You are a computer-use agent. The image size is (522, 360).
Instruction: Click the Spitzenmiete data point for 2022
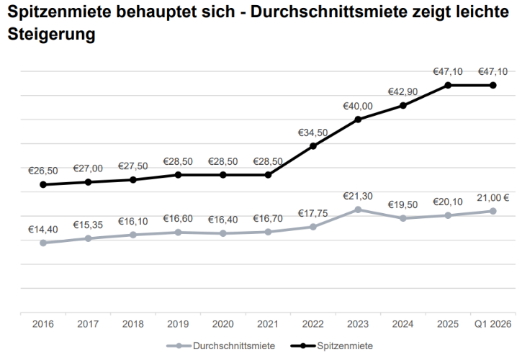pyautogui.click(x=313, y=145)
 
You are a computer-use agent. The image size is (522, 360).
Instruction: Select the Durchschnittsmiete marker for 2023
pyautogui.click(x=358, y=210)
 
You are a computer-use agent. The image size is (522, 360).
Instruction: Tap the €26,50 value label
pyautogui.click(x=42, y=171)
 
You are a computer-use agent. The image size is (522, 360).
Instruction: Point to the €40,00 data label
pyautogui.click(x=358, y=106)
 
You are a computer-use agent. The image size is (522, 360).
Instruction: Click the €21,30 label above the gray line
pyautogui.click(x=358, y=196)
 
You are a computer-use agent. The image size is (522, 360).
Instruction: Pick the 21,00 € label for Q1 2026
pyautogui.click(x=493, y=197)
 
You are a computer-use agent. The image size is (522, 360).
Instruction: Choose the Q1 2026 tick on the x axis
pyautogui.click(x=493, y=325)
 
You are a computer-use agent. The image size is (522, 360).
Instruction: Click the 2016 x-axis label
pyautogui.click(x=42, y=325)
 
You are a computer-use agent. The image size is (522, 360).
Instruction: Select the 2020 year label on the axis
pyautogui.click(x=222, y=325)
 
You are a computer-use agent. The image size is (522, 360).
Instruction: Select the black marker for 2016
pyautogui.click(x=42, y=184)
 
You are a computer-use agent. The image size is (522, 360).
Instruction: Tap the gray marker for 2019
pyautogui.click(x=178, y=232)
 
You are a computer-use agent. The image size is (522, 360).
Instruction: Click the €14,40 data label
pyautogui.click(x=42, y=230)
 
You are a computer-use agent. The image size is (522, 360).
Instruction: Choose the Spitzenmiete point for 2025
pyautogui.click(x=448, y=85)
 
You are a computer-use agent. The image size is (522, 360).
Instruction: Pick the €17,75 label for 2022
pyautogui.click(x=313, y=213)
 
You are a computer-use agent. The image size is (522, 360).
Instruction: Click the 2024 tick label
pyautogui.click(x=403, y=325)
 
